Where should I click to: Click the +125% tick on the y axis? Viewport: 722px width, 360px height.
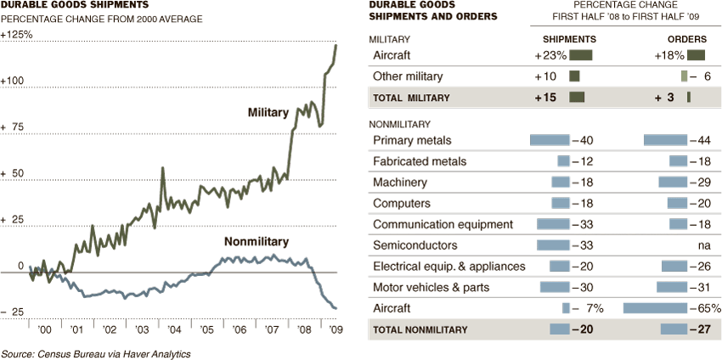[17, 35]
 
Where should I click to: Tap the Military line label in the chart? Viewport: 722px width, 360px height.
[268, 112]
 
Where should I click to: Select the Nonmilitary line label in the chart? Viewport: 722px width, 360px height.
[257, 242]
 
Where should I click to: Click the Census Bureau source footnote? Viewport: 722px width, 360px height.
[95, 353]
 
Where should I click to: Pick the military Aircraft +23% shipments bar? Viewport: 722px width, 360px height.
[581, 55]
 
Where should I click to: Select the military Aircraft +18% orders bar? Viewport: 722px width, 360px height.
[697, 55]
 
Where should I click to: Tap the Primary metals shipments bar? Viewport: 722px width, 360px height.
[550, 140]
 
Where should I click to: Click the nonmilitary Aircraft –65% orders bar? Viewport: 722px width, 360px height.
[655, 307]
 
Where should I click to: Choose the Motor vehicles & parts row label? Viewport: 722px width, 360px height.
[431, 288]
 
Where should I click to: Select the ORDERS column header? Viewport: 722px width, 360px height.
[689, 39]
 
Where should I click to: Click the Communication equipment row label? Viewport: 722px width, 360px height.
[443, 225]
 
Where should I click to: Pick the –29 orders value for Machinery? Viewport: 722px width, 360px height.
[700, 183]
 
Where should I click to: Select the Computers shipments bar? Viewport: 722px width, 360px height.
[561, 204]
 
